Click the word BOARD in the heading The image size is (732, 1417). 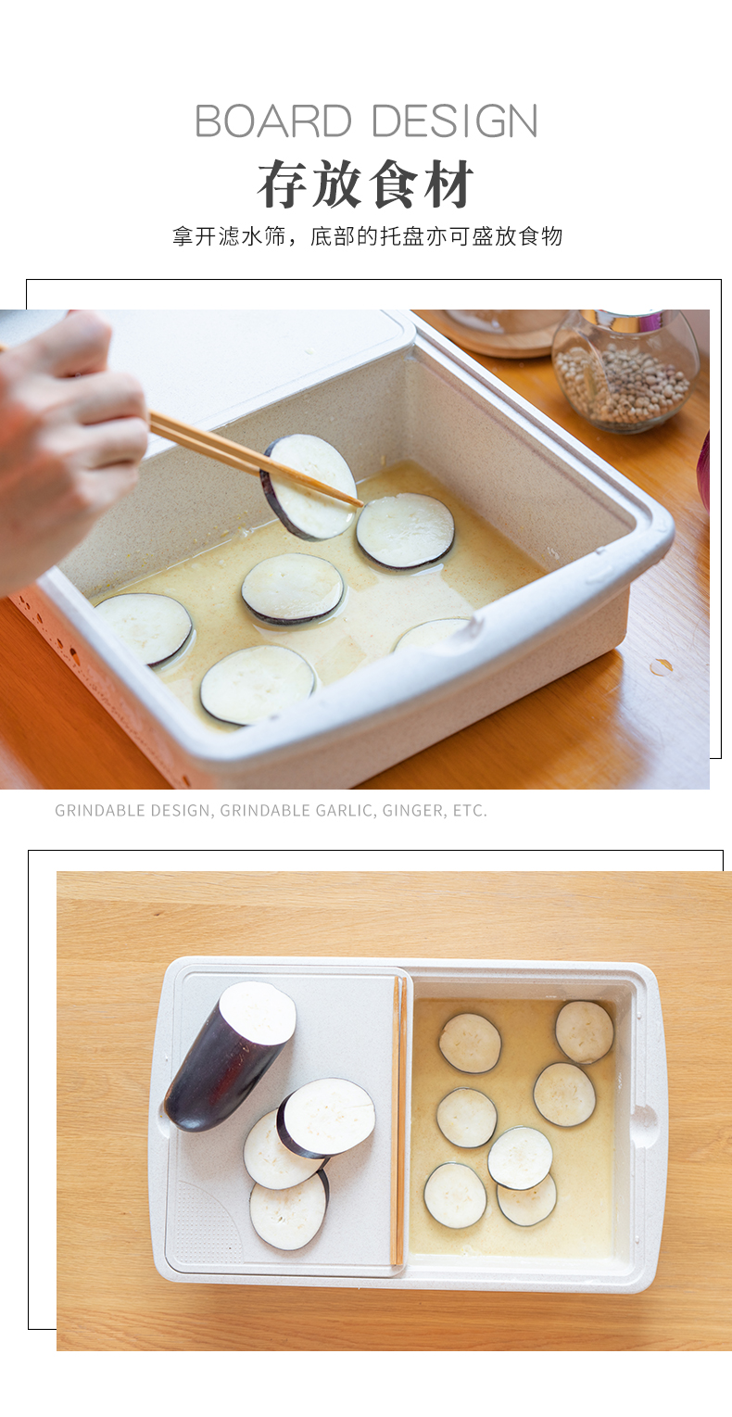272,120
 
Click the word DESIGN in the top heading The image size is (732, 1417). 455,120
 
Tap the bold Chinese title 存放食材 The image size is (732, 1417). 365,184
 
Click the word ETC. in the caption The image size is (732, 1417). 470,810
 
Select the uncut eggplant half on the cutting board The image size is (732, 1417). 229,1056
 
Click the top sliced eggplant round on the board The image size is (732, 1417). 326,1118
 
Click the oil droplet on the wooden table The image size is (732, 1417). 662,665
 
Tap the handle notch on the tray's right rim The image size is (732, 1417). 645,1120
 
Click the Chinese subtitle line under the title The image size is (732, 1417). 367,236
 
